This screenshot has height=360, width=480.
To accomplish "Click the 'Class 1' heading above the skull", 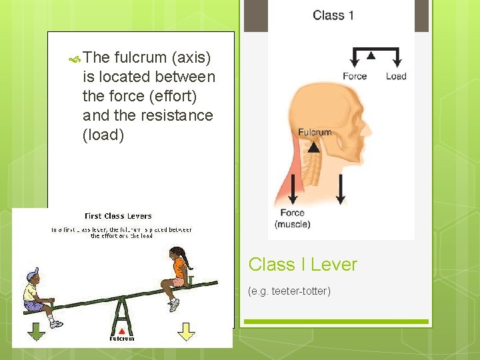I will coord(333,15).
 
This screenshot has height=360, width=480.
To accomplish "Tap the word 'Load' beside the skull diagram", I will coord(396,76).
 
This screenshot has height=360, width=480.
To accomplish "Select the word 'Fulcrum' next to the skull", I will coord(315,132).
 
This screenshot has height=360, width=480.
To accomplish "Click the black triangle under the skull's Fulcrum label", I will coord(314,147).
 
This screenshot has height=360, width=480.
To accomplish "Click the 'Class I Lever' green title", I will coord(303,265).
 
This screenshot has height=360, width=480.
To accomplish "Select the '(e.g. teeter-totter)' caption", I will coord(289,291).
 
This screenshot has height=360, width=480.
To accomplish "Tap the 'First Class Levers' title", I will coord(118,216).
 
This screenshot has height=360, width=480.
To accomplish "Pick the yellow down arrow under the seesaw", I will coord(187,331).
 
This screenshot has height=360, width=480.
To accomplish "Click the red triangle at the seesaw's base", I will coord(122,331).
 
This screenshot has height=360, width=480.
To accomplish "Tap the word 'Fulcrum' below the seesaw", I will coord(122,339).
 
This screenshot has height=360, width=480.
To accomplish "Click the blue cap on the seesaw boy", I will coord(33,275).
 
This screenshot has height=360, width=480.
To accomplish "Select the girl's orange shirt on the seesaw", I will coord(179,269).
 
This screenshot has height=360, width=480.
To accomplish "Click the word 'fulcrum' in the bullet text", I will coord(138,57).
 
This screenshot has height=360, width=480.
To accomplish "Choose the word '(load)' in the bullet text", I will coord(103,135).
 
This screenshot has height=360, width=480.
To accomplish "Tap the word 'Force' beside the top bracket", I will coord(355,76).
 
